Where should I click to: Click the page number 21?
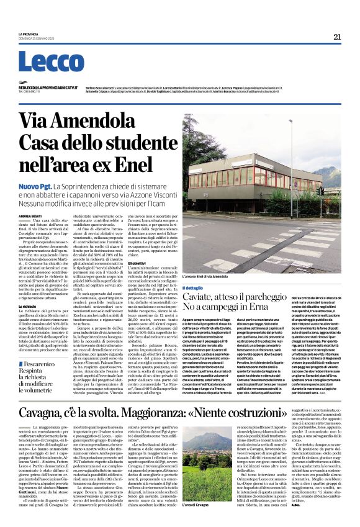(337, 37)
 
